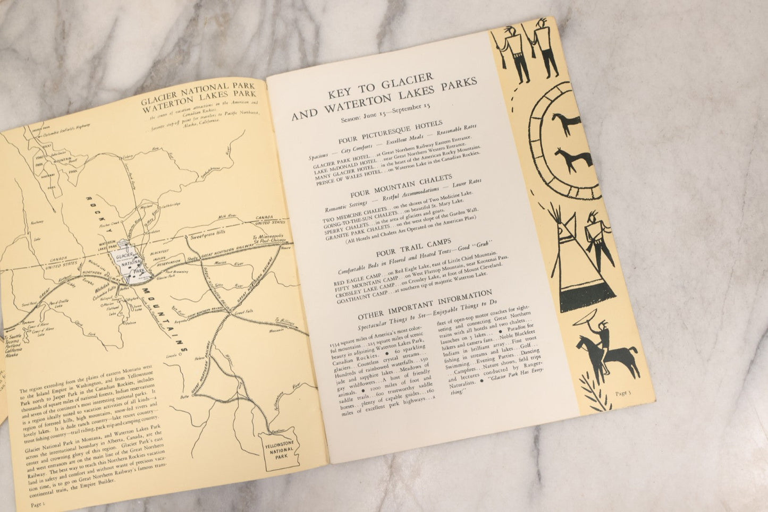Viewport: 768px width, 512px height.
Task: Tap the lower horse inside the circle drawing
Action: tap(567, 159)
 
